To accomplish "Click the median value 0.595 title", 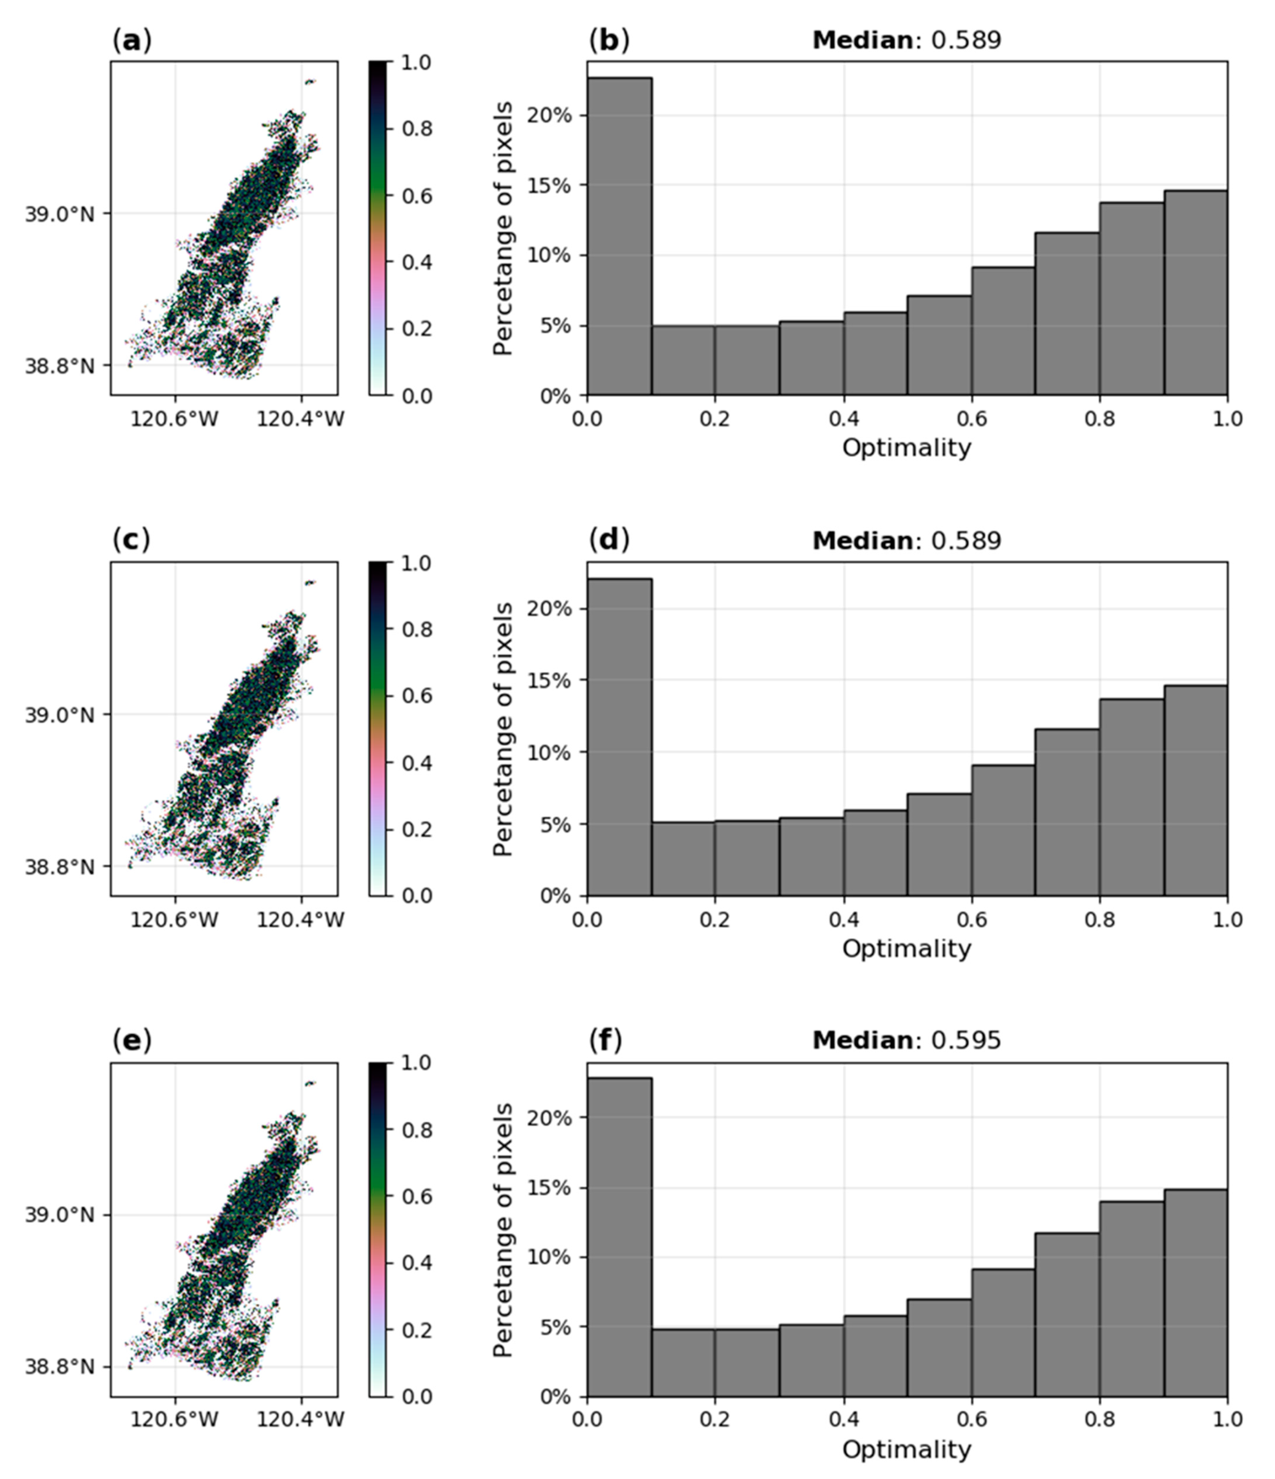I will pos(906,1040).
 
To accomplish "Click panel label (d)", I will pos(608,540).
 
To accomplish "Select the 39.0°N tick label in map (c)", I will pos(59,714).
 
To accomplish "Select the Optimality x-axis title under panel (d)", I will pos(906,949).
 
